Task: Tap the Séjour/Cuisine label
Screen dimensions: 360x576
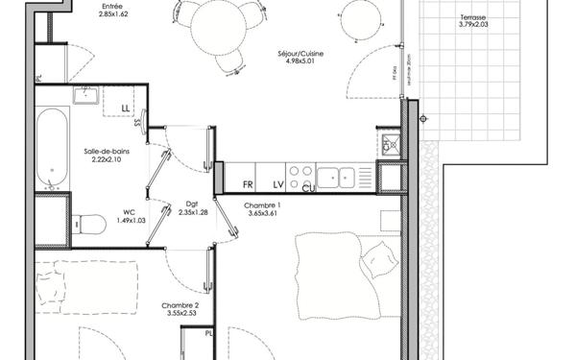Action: (x=300, y=54)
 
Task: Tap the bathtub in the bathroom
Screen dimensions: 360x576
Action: (x=52, y=147)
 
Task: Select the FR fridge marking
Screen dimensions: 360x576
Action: (x=247, y=183)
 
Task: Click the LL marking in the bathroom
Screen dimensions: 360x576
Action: (x=127, y=108)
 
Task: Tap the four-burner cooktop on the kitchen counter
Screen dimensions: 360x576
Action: (x=300, y=177)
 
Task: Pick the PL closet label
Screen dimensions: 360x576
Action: (x=209, y=333)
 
